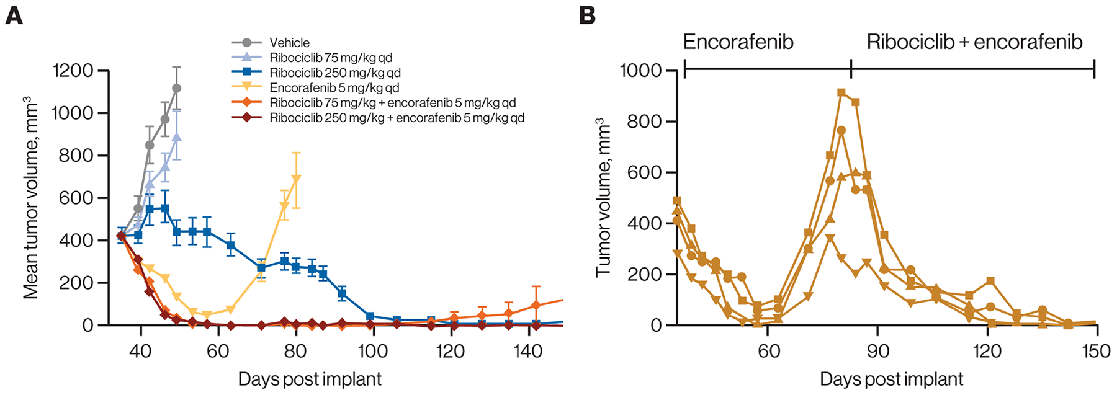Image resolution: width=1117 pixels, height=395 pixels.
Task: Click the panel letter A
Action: click(14, 16)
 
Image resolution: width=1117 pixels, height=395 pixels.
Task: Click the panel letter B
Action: click(587, 16)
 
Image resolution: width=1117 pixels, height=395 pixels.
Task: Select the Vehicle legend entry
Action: click(289, 43)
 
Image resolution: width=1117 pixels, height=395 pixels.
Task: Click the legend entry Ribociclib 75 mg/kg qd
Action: click(330, 58)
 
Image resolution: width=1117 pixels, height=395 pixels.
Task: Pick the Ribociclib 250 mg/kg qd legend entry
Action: click(334, 73)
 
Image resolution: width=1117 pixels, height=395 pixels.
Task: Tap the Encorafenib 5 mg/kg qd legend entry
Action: click(334, 87)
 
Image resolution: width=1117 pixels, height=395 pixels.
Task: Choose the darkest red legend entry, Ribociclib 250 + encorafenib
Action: click(397, 117)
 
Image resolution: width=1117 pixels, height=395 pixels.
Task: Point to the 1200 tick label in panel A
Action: click(73, 71)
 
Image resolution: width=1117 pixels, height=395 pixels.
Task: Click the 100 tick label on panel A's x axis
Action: click(372, 351)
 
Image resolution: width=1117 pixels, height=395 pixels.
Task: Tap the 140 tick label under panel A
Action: click(527, 351)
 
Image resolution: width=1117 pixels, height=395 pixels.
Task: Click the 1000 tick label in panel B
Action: click(640, 71)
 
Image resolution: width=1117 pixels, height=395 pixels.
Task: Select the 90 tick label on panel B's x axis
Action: click(877, 351)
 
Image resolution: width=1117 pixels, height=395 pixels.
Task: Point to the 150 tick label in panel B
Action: click(1096, 351)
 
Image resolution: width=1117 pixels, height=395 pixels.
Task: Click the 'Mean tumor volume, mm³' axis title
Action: click(31, 197)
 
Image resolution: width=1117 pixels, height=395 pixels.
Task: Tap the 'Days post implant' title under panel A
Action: click(310, 379)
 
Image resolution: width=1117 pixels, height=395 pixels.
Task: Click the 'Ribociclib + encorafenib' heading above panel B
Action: click(974, 42)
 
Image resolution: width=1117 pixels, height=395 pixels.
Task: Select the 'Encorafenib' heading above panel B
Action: click(738, 42)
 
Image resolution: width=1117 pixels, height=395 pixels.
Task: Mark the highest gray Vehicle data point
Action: click(177, 89)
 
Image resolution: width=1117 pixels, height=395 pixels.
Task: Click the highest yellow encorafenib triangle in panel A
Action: click(296, 179)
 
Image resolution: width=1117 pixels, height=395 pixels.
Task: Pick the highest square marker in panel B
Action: click(841, 93)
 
